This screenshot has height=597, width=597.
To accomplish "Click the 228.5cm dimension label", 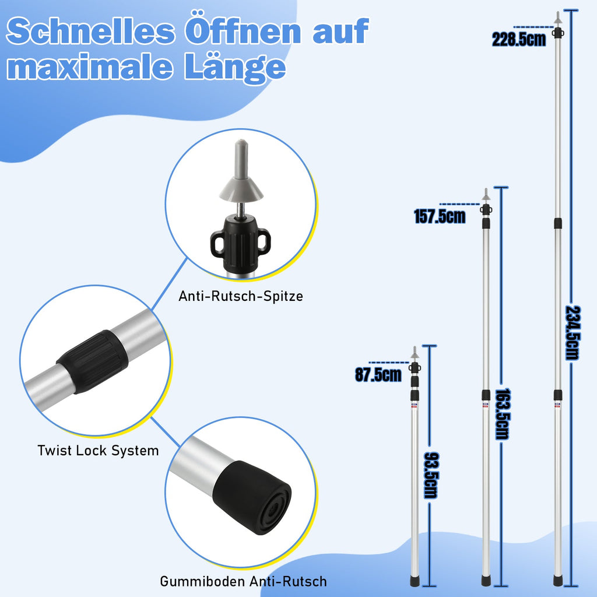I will [x=519, y=40].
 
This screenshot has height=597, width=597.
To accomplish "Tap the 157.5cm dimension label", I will [x=440, y=216].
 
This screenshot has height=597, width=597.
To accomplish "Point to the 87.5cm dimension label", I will [x=378, y=374].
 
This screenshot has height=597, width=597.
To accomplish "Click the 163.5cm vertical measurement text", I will [x=502, y=414].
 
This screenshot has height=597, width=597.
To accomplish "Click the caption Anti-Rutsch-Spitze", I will [x=241, y=296].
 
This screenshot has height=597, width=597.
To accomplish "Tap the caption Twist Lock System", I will [x=98, y=450].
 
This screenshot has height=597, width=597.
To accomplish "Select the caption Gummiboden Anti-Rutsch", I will [x=243, y=581].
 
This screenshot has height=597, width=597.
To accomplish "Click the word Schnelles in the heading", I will [x=91, y=32].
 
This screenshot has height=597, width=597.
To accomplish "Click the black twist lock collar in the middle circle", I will [x=92, y=361].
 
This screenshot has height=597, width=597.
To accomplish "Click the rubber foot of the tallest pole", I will [x=557, y=581].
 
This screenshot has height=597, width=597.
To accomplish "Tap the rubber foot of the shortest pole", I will [x=415, y=581].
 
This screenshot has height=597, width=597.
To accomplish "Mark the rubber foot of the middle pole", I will [x=486, y=581].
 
